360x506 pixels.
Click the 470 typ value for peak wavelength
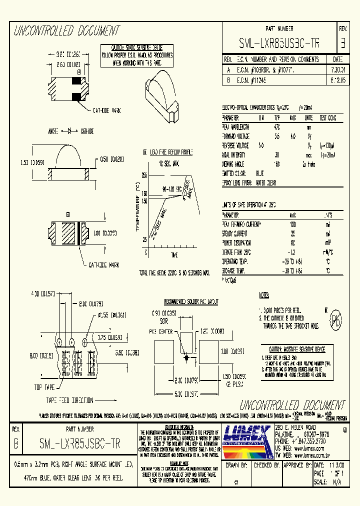(x=277, y=127)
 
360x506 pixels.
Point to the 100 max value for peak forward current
(x=292, y=225)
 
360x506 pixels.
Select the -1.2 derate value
(x=292, y=251)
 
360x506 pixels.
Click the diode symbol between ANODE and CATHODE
(x=70, y=131)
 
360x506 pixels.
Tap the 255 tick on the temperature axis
(x=144, y=175)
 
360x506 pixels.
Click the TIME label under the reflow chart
(x=174, y=255)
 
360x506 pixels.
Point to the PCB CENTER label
(x=162, y=331)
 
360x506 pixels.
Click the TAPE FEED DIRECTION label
(x=69, y=400)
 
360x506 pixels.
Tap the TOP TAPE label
(x=44, y=387)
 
